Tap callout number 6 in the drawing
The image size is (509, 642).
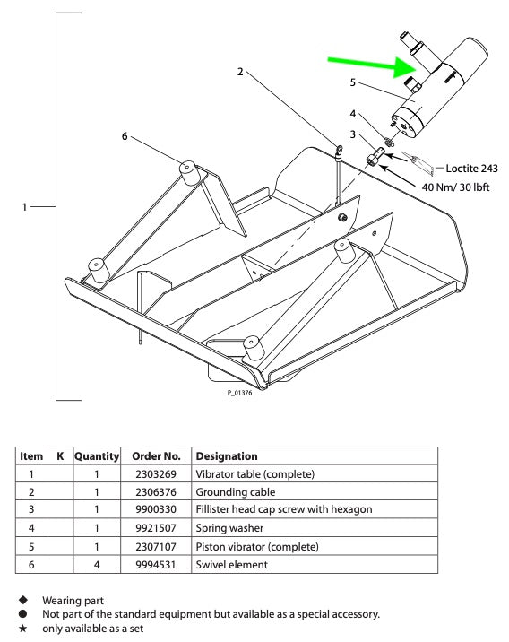pyautogui.click(x=125, y=136)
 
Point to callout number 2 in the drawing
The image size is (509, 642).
pyautogui.click(x=240, y=72)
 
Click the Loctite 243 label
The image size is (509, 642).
pyautogui.click(x=471, y=169)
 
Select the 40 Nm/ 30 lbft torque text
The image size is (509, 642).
pyautogui.click(x=456, y=187)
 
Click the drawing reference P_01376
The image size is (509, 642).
pyautogui.click(x=240, y=393)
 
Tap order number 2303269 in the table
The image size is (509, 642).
pyautogui.click(x=156, y=474)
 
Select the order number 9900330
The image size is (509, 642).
pyautogui.click(x=156, y=509)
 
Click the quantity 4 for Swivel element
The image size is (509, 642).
pyautogui.click(x=97, y=565)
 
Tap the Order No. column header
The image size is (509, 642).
pyautogui.click(x=156, y=456)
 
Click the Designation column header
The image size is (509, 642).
pyautogui.click(x=227, y=456)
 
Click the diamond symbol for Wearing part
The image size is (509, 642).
pyautogui.click(x=23, y=600)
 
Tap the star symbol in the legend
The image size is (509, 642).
pyautogui.click(x=23, y=628)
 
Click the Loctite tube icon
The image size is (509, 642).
pyautogui.click(x=418, y=161)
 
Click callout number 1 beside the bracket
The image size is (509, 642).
pyautogui.click(x=24, y=207)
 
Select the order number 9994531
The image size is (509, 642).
pyautogui.click(x=156, y=565)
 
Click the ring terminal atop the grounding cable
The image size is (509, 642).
pyautogui.click(x=340, y=152)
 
